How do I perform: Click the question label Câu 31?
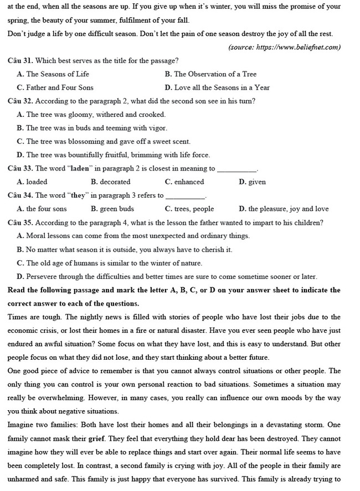pyautogui.click(x=20, y=60)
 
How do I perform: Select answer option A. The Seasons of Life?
pyautogui.click(x=53, y=74)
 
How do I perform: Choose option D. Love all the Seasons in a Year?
pyautogui.click(x=217, y=87)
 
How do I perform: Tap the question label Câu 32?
pyautogui.click(x=20, y=101)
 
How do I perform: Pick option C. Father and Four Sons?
pyautogui.click(x=55, y=87)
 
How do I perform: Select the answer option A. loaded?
pyautogui.click(x=33, y=182)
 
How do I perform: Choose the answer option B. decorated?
pyautogui.click(x=111, y=182)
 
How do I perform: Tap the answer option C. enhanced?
pyautogui.click(x=184, y=182)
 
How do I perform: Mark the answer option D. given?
pyautogui.click(x=252, y=182)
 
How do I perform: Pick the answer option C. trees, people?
pyautogui.click(x=189, y=209)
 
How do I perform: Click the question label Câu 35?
pyautogui.click(x=20, y=223)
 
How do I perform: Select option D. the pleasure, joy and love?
pyautogui.click(x=284, y=209)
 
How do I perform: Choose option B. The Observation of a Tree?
pyautogui.click(x=210, y=74)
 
